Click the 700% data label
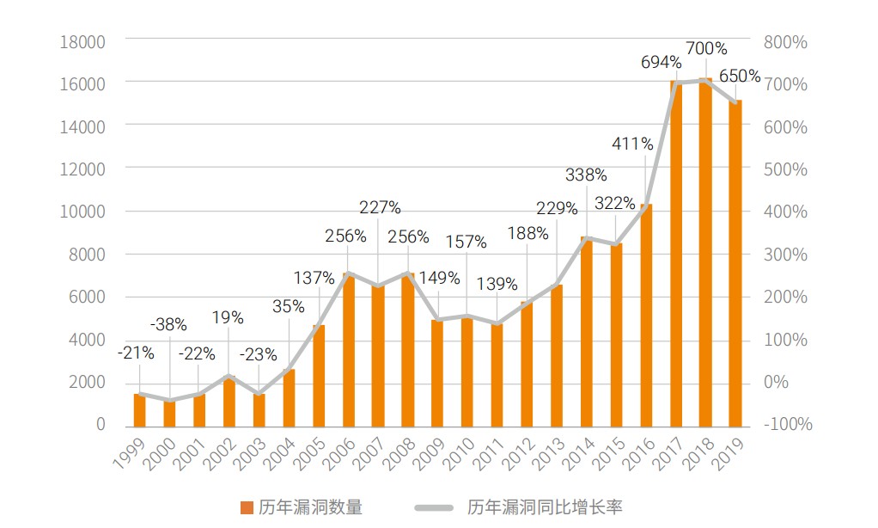(706, 49)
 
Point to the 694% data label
(662, 63)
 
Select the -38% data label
(168, 325)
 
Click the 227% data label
(380, 207)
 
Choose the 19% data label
(228, 318)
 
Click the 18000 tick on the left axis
(83, 41)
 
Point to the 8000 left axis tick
(88, 255)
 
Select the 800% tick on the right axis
(786, 41)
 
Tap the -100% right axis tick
(788, 425)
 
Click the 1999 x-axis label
(130, 451)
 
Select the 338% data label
(586, 175)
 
